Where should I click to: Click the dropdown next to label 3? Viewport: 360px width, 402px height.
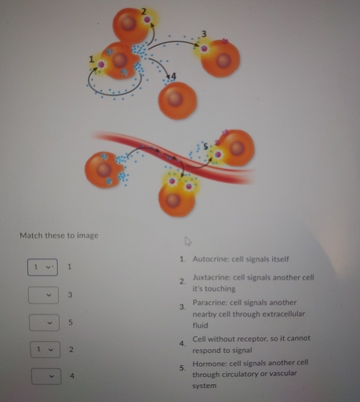pos(43,295)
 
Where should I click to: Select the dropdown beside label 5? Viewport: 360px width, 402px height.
pos(43,322)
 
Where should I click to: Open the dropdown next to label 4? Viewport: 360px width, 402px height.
pos(43,376)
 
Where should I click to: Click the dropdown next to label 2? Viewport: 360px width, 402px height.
pos(43,349)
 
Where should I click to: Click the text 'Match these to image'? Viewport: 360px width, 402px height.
pos(59,235)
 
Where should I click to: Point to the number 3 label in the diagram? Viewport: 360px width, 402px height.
pos(204,32)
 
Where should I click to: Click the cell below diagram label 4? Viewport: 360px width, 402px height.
pos(177,99)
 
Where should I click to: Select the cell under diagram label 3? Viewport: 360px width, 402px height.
pos(221,58)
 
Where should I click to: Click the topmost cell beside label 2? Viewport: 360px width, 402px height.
pos(131,26)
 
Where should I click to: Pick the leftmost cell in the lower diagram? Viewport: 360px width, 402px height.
pos(104,170)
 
